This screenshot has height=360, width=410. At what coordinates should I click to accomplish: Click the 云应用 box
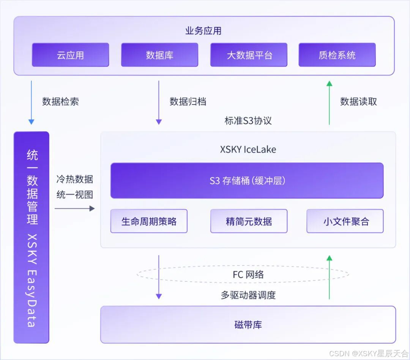pos(70,55)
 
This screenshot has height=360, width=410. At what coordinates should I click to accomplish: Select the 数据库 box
pos(159,55)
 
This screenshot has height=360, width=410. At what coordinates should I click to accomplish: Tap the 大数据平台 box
pos(249,55)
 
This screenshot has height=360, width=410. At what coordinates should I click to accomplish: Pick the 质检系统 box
pos(337,55)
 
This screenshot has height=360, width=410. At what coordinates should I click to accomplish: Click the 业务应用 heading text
pos(203,31)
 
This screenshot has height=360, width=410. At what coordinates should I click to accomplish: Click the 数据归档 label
pos(188,101)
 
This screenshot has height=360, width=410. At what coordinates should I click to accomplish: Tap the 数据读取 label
pos(358,101)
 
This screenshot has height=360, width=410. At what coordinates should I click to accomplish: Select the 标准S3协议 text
pos(248,121)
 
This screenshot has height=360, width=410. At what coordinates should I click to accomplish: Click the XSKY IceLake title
pos(248,149)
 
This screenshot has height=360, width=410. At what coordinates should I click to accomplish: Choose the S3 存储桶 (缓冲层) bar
pos(247,180)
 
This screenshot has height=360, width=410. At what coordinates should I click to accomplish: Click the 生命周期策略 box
pos(149,221)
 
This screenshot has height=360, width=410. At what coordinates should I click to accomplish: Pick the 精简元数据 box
pos(249,221)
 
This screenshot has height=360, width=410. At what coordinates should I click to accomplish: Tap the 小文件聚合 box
pos(345,221)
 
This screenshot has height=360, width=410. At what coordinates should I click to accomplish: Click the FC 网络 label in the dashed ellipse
pos(248,275)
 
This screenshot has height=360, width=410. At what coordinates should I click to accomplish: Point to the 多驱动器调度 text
pos(248,295)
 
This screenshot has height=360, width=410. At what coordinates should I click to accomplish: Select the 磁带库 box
pos(248,325)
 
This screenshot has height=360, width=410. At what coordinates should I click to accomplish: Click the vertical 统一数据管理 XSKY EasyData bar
pos(32,237)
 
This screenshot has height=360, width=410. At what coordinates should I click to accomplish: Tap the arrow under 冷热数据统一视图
pos(74,208)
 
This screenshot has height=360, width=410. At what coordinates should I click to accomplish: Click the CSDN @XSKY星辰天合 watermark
pos(368,354)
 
